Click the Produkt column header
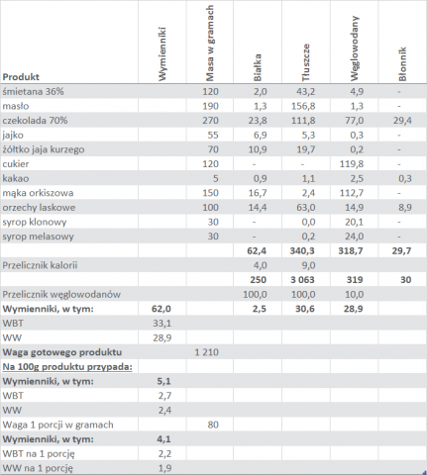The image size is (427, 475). pyautogui.click(x=21, y=77)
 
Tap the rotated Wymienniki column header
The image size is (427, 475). pyautogui.click(x=161, y=53)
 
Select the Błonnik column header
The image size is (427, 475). pyautogui.click(x=402, y=64)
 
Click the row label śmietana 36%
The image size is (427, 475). pyautogui.click(x=33, y=91)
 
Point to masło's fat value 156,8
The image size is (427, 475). pyautogui.click(x=303, y=106)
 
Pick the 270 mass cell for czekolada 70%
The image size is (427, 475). pyautogui.click(x=210, y=121)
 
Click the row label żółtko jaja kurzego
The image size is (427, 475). pyautogui.click(x=44, y=149)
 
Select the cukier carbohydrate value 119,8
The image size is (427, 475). pyautogui.click(x=352, y=164)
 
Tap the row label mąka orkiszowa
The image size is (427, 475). pyautogui.click(x=38, y=193)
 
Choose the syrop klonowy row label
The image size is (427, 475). pyautogui.click(x=35, y=222)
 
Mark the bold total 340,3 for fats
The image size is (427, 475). pyautogui.click(x=302, y=251)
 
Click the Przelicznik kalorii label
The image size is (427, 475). pyautogui.click(x=40, y=265)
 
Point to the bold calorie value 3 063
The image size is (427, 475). pyautogui.click(x=302, y=280)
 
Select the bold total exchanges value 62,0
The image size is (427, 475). pyautogui.click(x=160, y=309)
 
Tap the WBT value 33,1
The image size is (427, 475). pyautogui.click(x=161, y=324)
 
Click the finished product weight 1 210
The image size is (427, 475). pyautogui.click(x=206, y=352)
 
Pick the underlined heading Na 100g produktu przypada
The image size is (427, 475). pyautogui.click(x=67, y=367)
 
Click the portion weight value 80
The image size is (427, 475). pyautogui.click(x=213, y=425)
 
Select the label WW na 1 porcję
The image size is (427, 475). pyautogui.click(x=38, y=468)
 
